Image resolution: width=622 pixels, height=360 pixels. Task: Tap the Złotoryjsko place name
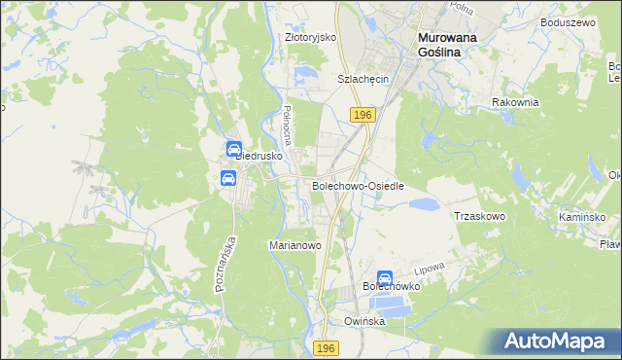[309, 37]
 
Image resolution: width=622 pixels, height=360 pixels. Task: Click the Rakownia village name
[515, 102]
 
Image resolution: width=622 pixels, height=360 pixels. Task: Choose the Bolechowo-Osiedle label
[357, 185]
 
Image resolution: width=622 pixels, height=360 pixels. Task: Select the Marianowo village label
[294, 246]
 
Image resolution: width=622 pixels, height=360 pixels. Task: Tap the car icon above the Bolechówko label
[385, 277]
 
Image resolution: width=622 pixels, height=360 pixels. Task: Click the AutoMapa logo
[556, 342]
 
